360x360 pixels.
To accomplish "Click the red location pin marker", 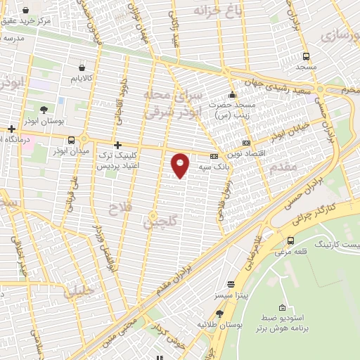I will [181, 165].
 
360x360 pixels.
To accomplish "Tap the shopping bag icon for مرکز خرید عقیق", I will [26, 11].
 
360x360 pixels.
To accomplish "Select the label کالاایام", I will [82, 78].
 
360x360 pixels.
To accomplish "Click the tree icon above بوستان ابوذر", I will [44, 110].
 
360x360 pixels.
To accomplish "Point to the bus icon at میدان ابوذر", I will [72, 139].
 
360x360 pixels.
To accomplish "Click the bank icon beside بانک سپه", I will [214, 156].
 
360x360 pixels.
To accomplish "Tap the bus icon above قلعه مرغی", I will [290, 240].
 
